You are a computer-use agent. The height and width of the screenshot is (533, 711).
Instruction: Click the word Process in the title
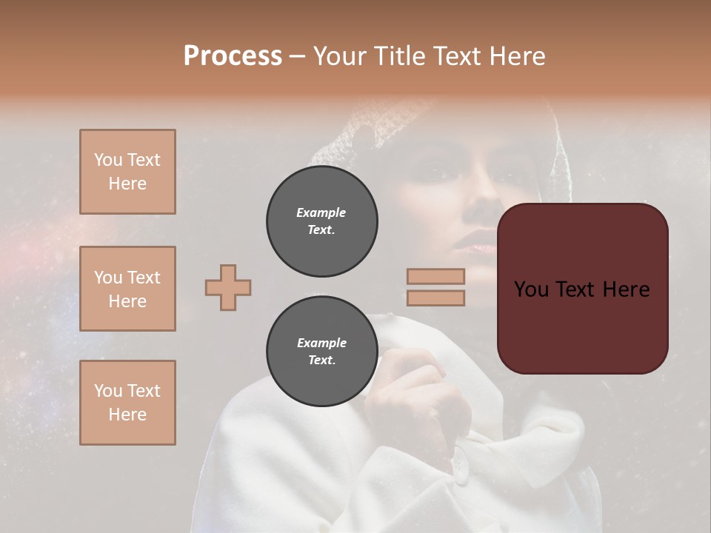(x=233, y=56)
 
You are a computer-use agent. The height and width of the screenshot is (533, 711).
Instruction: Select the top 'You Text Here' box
(x=127, y=172)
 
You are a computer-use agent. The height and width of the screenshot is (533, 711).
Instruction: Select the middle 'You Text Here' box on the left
(x=127, y=289)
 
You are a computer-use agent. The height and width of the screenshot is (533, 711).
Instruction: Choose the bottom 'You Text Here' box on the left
(x=127, y=403)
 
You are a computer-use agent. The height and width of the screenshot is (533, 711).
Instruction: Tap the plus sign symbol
(x=228, y=287)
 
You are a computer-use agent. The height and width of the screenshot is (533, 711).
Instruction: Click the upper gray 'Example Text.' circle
(x=321, y=221)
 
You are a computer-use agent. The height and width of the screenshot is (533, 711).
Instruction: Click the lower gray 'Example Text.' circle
(x=321, y=352)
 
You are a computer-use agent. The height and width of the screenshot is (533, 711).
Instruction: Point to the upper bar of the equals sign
(x=435, y=276)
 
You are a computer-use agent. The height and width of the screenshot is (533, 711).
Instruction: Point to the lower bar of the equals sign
(x=435, y=298)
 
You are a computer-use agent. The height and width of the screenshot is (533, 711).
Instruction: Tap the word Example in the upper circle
(x=321, y=212)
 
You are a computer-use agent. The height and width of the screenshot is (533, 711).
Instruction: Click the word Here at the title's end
(x=518, y=56)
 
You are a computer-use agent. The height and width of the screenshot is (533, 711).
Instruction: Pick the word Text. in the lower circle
(x=321, y=361)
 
